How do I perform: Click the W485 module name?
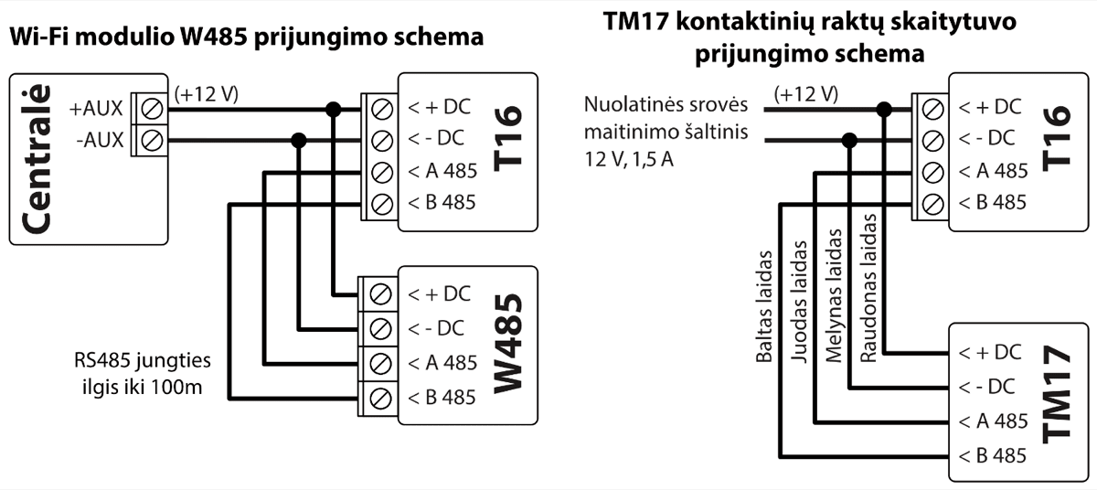pos(509,345)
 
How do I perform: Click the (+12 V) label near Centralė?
pos(207,93)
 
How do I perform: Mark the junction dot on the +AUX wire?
pos(335,108)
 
